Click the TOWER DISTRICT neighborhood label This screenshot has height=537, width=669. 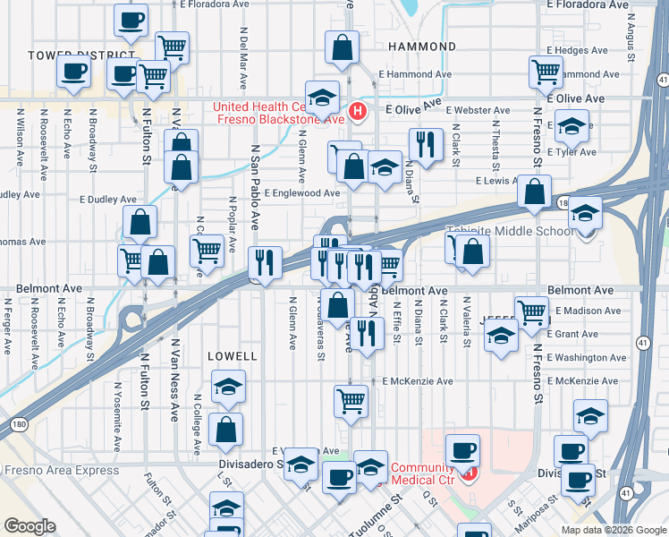tap(68, 55)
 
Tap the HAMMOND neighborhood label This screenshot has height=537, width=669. tap(423, 46)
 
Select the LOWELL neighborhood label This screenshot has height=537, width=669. tap(233, 355)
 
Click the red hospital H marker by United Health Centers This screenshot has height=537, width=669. tap(358, 112)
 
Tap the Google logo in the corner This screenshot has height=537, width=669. tap(30, 525)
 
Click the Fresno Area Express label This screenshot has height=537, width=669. tap(61, 470)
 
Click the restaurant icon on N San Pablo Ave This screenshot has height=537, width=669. tap(264, 261)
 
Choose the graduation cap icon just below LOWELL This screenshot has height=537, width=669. tap(228, 386)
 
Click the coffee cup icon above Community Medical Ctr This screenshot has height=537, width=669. tap(462, 449)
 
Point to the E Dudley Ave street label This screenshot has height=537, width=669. tap(107, 200)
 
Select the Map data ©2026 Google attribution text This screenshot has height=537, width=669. tap(614, 529)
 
